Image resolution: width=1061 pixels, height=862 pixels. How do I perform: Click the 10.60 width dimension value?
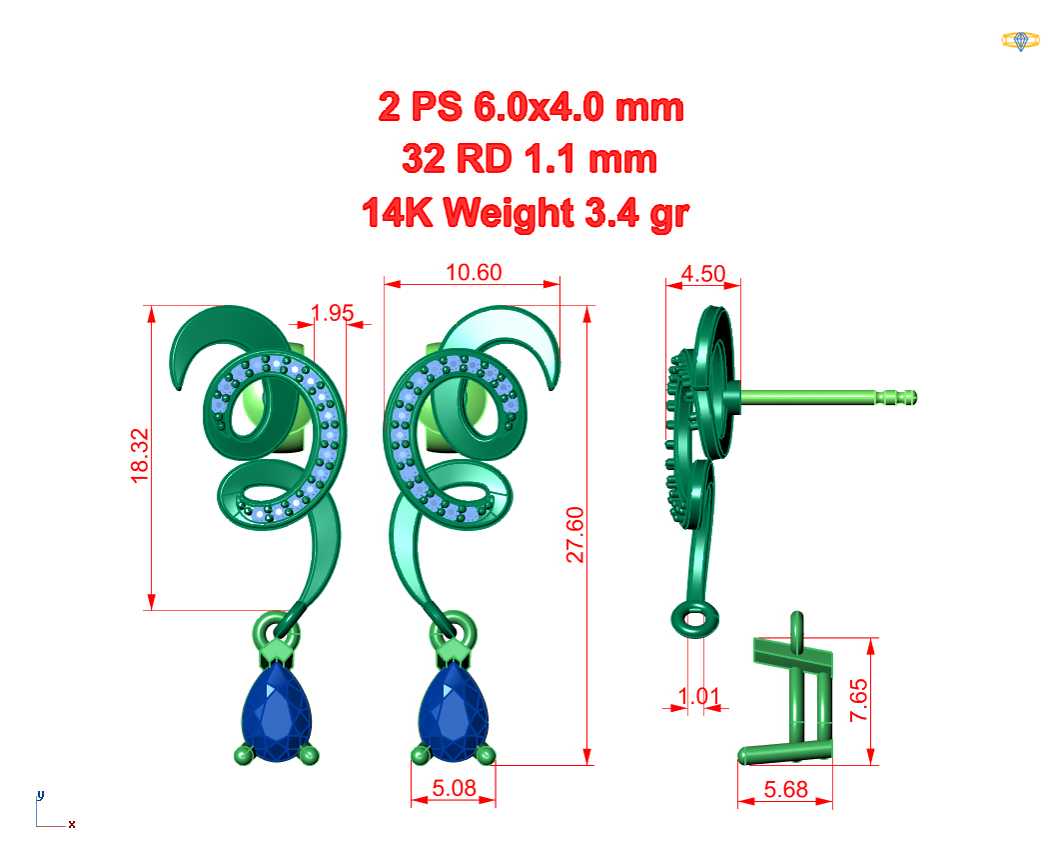click(x=474, y=272)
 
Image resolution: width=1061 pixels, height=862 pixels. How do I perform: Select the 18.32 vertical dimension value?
click(x=140, y=456)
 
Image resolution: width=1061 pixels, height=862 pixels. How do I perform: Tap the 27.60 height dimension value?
click(x=575, y=535)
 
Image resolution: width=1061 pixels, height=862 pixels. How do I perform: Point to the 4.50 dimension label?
click(x=703, y=274)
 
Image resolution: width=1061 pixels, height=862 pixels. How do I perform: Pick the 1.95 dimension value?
click(x=333, y=313)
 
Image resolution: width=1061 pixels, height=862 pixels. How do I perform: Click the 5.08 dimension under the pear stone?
click(x=454, y=788)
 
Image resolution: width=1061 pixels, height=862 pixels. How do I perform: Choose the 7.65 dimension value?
click(x=858, y=700)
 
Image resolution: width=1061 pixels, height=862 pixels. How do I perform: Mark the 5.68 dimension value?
click(x=785, y=790)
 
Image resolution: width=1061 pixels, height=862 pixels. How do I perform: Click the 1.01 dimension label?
click(x=699, y=696)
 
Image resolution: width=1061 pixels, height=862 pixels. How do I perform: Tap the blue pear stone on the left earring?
click(x=277, y=713)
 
